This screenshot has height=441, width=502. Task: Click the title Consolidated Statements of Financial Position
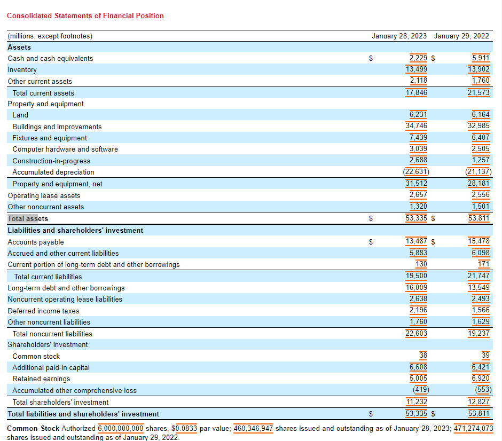85,15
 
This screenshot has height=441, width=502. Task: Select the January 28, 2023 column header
399,36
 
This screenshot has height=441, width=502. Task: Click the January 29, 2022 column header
461,36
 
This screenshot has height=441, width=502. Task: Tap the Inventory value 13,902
479,69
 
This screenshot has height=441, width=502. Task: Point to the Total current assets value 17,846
417,92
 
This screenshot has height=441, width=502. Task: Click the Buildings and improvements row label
57,127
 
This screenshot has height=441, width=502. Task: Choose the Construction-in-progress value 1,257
481,161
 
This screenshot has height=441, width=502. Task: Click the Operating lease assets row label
44,195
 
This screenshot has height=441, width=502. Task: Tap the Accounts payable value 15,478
479,241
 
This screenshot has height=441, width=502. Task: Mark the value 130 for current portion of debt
421,264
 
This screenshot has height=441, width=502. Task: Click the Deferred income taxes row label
43,311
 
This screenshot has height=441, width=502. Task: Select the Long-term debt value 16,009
417,288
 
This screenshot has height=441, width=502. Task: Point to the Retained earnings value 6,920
481,379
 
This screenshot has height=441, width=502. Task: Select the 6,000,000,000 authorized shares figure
121,428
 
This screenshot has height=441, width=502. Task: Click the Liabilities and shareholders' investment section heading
75,230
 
